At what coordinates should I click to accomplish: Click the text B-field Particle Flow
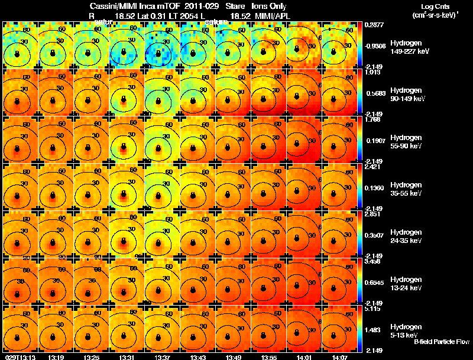pyautogui.click(x=442, y=342)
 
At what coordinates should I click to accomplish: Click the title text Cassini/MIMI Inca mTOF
pyautogui.click(x=132, y=6)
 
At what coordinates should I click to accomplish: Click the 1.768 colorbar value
pyautogui.click(x=372, y=119)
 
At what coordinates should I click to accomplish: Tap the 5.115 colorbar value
pyautogui.click(x=372, y=309)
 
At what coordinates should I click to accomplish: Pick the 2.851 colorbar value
pyautogui.click(x=372, y=214)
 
